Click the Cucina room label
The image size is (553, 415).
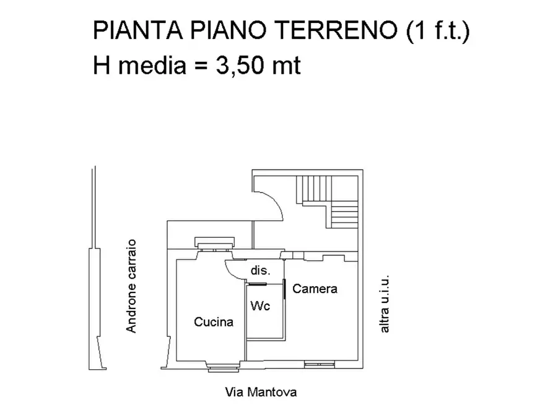pos(214,322)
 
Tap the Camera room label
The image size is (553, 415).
pos(315,289)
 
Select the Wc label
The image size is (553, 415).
pos(259,306)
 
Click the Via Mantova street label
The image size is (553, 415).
pos(260,392)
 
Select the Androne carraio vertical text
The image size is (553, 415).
pos(131,286)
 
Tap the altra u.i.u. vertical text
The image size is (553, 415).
pos(385,304)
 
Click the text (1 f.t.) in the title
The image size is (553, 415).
pos(437,31)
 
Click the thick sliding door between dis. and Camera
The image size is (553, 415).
pos(284,289)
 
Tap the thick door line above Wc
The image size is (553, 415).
pos(257,284)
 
